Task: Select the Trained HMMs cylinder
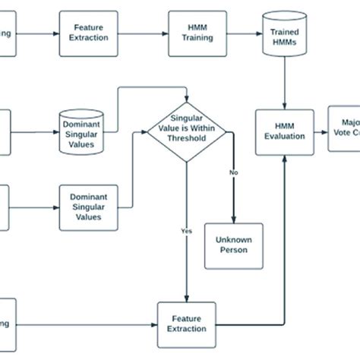tap(283, 35)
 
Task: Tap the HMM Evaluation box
tap(284, 131)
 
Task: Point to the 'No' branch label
tap(233, 172)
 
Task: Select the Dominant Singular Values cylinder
tap(86, 123)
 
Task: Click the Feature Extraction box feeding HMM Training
tap(87, 33)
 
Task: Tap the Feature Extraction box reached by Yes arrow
tap(185, 324)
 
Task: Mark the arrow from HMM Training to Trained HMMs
tap(238, 33)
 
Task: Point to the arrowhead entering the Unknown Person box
tap(233, 219)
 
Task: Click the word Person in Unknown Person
tap(233, 251)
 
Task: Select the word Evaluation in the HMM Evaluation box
tap(284, 137)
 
